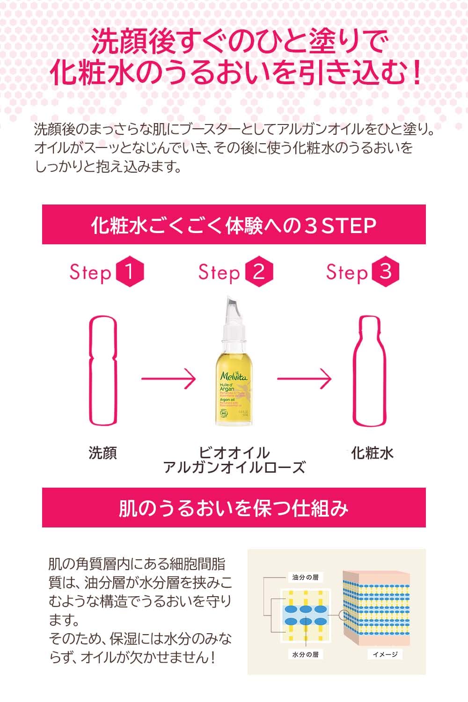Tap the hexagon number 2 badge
click(258, 272)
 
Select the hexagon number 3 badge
click(386, 271)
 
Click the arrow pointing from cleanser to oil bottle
click(168, 379)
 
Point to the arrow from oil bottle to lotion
click(304, 379)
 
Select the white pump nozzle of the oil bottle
click(232, 311)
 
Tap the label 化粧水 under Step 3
click(373, 453)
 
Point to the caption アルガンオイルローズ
click(234, 467)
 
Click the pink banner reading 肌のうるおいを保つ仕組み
click(234, 508)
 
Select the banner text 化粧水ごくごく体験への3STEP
click(234, 225)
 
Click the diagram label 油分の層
click(305, 578)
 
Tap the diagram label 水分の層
click(305, 654)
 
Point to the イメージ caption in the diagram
click(385, 654)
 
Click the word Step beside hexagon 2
click(219, 273)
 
